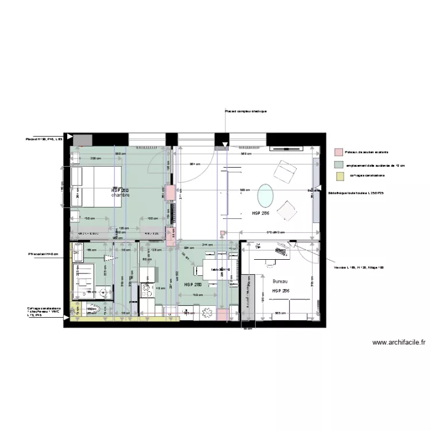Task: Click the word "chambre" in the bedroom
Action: click(120, 195)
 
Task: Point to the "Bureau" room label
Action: click(280, 282)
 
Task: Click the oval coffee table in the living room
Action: click(265, 195)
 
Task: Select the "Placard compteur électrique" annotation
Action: click(245, 111)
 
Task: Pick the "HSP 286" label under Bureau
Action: click(280, 291)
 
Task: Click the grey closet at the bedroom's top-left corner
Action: click(83, 140)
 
